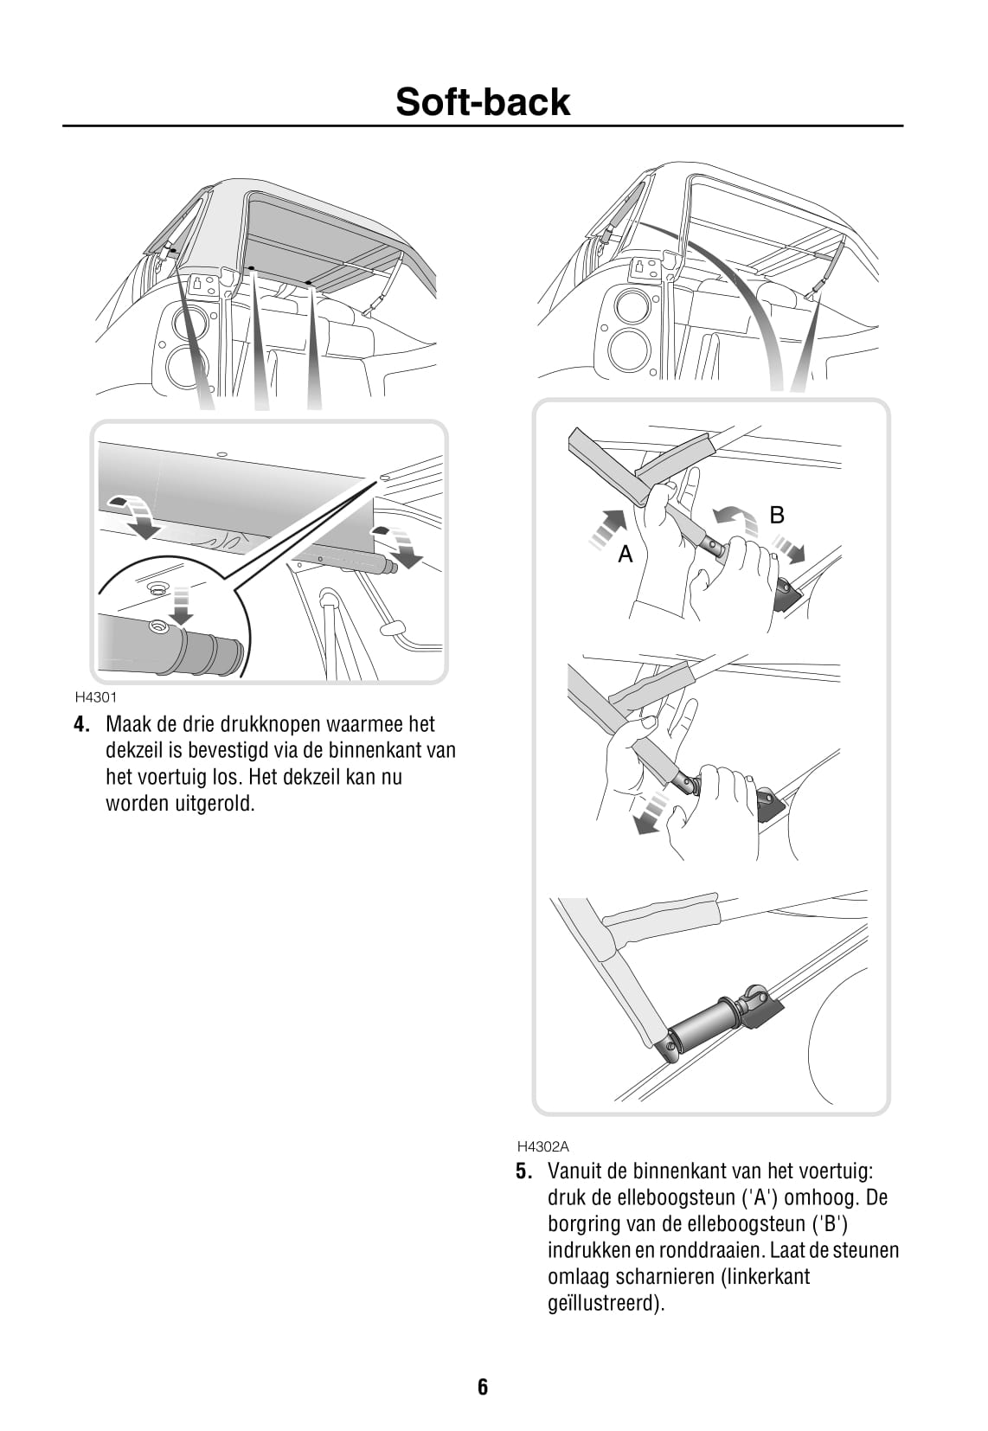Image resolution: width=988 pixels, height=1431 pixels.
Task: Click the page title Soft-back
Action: coord(482,101)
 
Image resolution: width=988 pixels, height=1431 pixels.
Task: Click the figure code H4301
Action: coord(96,697)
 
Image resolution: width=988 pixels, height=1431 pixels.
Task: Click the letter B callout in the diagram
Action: coord(777,515)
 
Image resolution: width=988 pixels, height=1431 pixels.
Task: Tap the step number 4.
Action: coord(80,724)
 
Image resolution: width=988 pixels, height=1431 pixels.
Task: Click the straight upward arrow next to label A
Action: coord(606,529)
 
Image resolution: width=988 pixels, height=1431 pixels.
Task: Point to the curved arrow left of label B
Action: coord(735,518)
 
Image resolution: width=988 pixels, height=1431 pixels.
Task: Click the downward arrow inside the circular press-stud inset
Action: coord(183,604)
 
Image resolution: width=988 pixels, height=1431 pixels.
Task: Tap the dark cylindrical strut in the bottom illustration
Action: coord(703,1024)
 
